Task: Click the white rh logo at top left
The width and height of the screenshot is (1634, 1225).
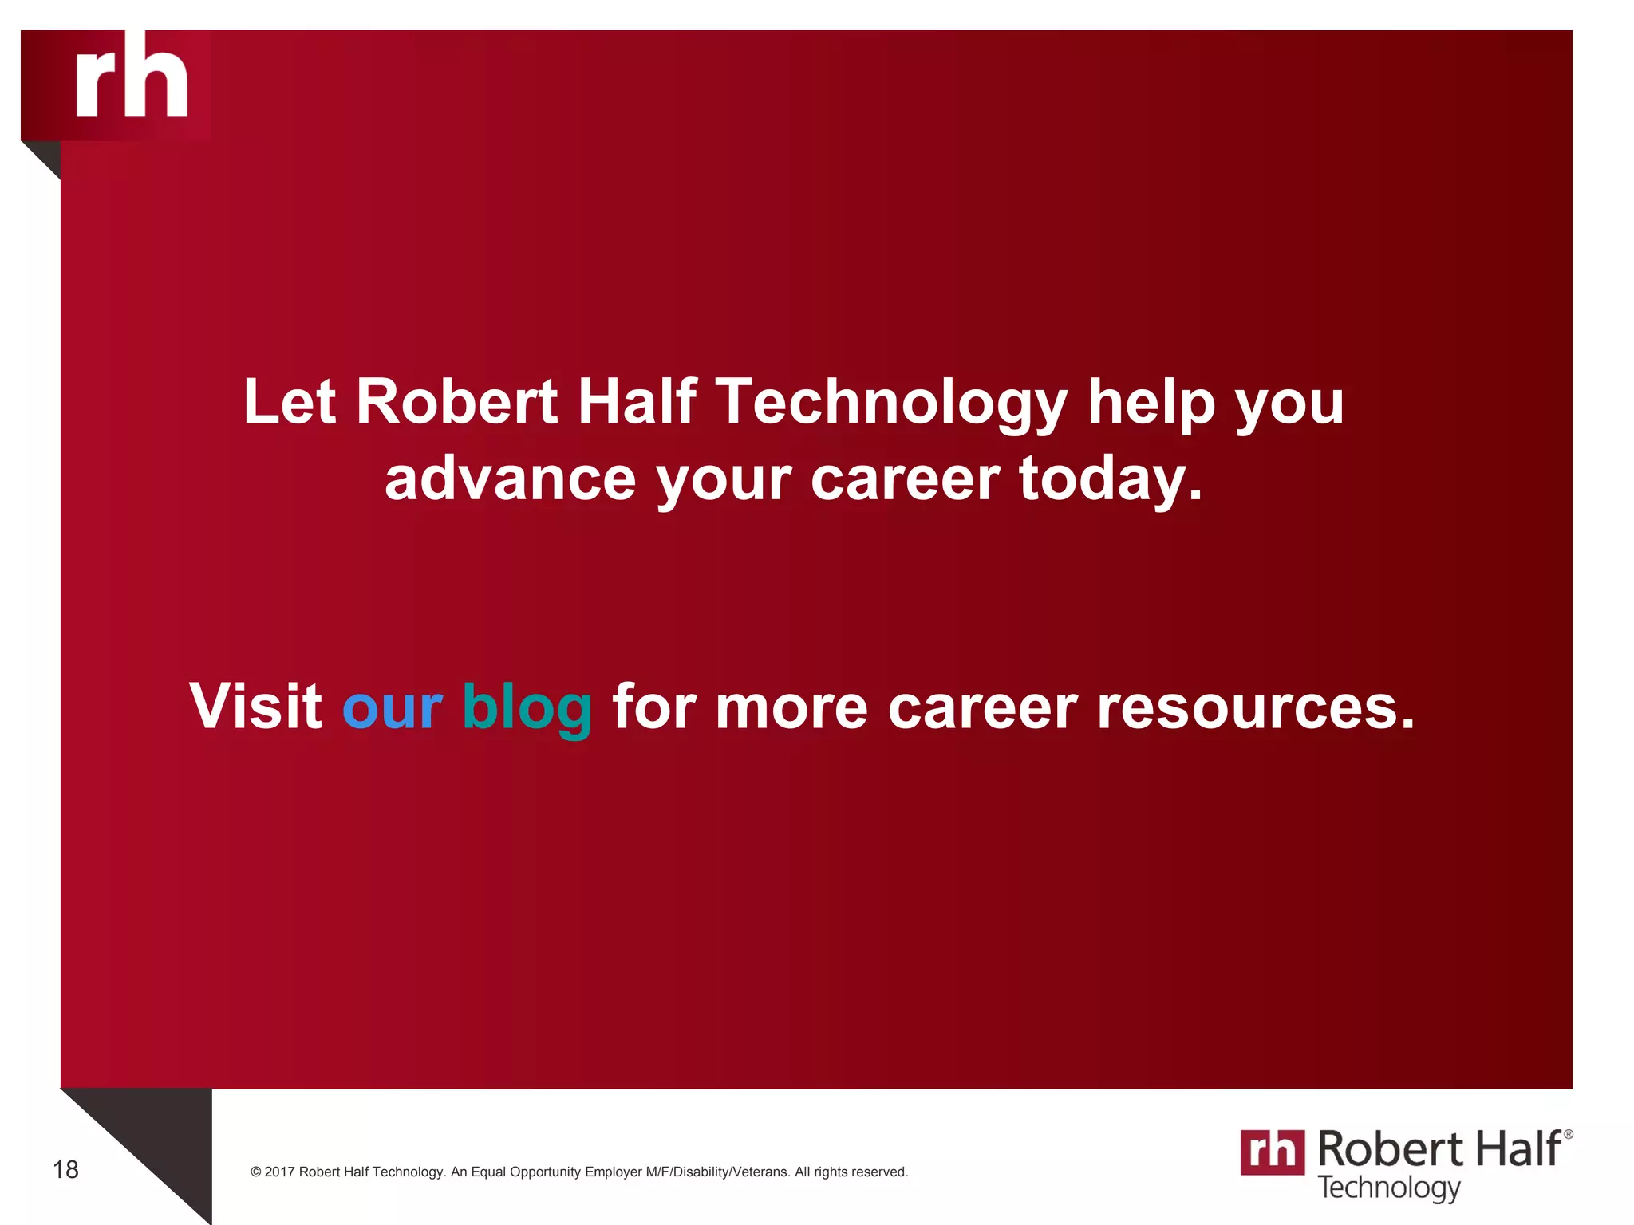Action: click(132, 78)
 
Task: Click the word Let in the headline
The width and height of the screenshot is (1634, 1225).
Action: click(289, 401)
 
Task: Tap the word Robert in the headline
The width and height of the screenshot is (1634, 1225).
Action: click(456, 401)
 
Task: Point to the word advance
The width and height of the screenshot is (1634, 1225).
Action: click(510, 479)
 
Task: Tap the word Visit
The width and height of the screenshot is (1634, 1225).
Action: click(255, 706)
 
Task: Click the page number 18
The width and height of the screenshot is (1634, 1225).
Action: click(65, 1170)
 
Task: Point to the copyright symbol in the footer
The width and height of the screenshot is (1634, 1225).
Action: click(256, 1172)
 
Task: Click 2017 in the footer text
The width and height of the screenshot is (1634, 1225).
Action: click(279, 1172)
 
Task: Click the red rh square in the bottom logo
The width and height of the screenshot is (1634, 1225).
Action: click(1272, 1152)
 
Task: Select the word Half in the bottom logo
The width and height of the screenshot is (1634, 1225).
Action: click(1517, 1149)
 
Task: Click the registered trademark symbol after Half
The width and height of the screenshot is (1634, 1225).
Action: click(1568, 1134)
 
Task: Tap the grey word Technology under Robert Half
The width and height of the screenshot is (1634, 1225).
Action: click(1388, 1188)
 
